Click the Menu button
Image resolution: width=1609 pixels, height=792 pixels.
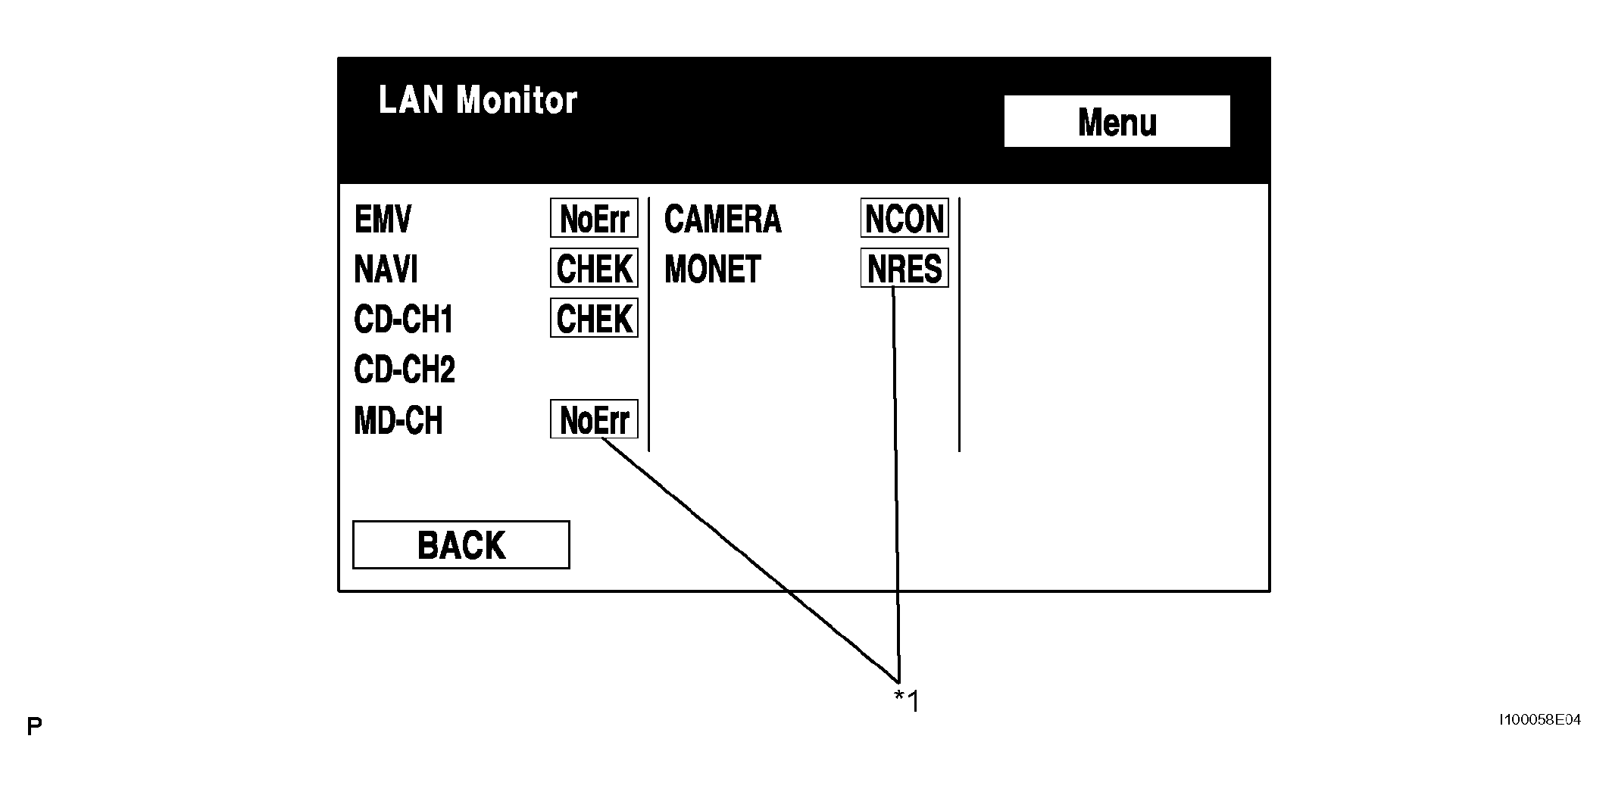click(x=1117, y=121)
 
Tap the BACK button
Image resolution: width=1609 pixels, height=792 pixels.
click(x=461, y=544)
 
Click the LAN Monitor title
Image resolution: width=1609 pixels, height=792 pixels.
click(x=477, y=100)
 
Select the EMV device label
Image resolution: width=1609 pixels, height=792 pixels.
click(x=383, y=220)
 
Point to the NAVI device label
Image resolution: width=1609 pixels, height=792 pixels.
click(x=386, y=269)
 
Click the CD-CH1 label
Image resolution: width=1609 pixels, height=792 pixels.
click(x=403, y=320)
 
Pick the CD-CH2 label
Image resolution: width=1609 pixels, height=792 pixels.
click(x=405, y=369)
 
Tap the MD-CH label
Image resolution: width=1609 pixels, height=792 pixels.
click(x=398, y=420)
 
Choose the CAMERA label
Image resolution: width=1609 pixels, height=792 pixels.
click(x=723, y=220)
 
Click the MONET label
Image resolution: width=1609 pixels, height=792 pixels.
click(x=713, y=269)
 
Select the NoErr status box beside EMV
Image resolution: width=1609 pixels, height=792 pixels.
click(x=594, y=218)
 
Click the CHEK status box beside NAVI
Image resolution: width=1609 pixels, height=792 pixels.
click(x=594, y=268)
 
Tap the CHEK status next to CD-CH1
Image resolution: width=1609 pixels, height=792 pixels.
click(x=594, y=318)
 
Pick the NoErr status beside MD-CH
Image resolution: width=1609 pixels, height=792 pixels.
click(x=594, y=419)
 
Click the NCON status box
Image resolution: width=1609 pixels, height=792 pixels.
click(x=904, y=218)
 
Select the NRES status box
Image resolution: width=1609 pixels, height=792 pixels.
click(x=904, y=268)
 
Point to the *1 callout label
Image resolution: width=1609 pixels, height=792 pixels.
click(x=906, y=701)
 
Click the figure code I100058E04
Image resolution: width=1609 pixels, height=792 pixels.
click(x=1540, y=720)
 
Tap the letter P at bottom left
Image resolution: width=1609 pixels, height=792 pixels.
click(x=34, y=728)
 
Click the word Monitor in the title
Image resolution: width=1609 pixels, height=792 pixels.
click(x=517, y=100)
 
